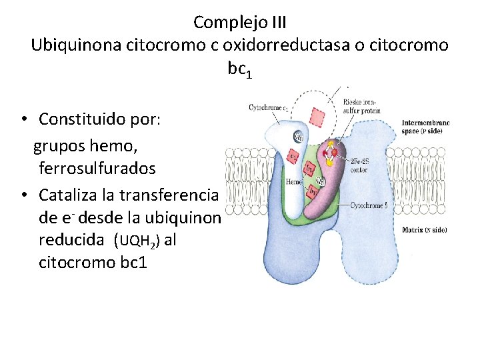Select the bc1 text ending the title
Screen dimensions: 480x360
coord(239,69)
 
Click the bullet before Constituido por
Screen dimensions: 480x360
coord(23,120)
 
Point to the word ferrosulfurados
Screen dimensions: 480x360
coord(97,169)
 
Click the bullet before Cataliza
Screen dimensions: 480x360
coord(23,195)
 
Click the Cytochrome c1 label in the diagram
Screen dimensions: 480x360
coord(268,107)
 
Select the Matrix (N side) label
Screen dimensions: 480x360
coord(425,230)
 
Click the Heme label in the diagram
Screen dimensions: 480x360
coord(294,181)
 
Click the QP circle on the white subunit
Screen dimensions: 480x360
coord(301,137)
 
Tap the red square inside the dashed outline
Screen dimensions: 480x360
coord(317,118)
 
